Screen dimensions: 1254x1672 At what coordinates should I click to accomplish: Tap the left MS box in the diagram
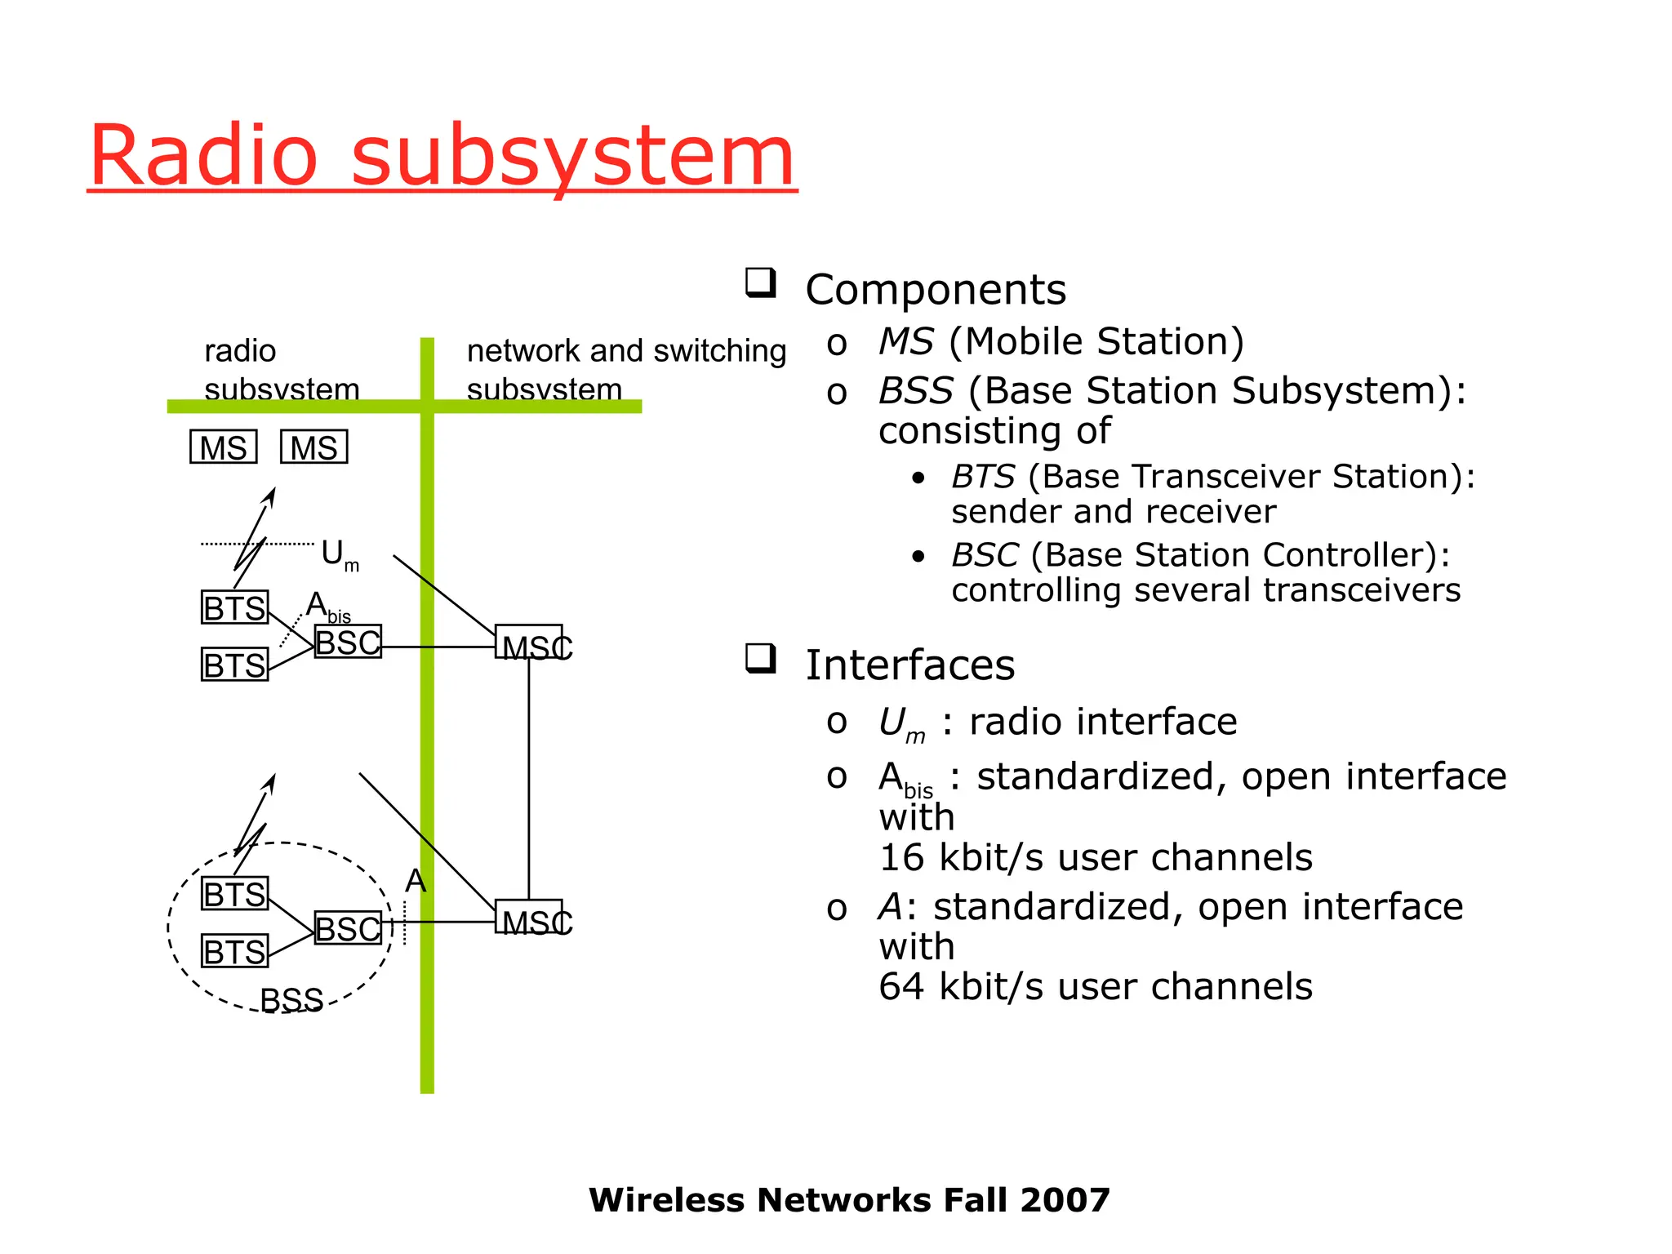tap(223, 447)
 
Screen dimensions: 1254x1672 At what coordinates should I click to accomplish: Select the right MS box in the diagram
tap(313, 447)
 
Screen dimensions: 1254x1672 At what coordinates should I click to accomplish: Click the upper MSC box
tap(529, 643)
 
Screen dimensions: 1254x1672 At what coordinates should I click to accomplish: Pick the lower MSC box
tap(529, 918)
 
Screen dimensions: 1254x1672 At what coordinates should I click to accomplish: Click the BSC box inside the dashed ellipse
tap(348, 928)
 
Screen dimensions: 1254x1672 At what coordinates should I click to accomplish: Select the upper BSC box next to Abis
tap(348, 642)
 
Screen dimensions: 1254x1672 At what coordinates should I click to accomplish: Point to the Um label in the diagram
tap(338, 555)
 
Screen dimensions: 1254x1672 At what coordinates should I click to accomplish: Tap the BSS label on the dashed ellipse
tap(291, 999)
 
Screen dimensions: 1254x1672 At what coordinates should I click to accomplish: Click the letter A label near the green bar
tap(416, 881)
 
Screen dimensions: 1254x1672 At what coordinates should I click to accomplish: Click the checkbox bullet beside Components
tap(760, 283)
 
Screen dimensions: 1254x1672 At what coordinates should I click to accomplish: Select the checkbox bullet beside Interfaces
tap(760, 658)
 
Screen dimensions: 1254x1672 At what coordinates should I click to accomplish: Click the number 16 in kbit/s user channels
tap(901, 858)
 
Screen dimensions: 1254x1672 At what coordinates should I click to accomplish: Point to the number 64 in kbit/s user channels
tap(901, 987)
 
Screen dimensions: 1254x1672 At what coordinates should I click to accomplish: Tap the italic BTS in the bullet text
tap(983, 477)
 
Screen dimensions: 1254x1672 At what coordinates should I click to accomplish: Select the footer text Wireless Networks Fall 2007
tap(849, 1200)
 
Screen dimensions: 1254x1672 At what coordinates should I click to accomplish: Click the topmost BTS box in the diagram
tap(234, 608)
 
